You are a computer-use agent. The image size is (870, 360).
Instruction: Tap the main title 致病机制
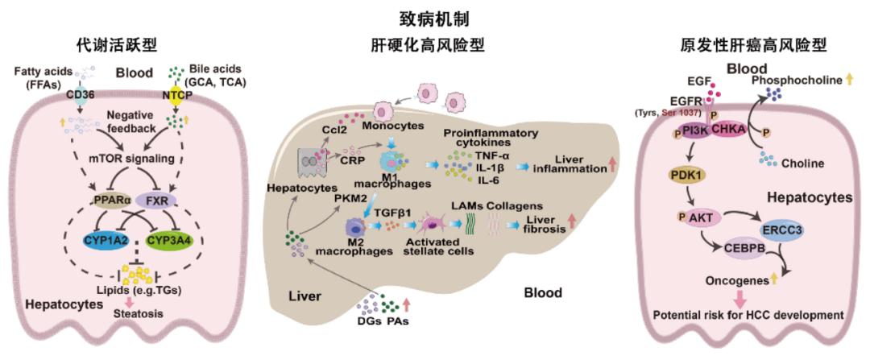click(434, 16)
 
